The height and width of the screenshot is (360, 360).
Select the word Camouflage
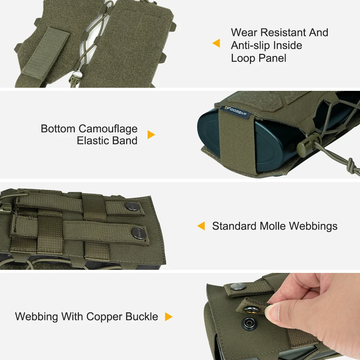tap(108, 129)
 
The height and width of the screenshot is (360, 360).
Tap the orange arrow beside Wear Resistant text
tap(216, 43)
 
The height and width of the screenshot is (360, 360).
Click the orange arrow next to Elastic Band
tap(151, 134)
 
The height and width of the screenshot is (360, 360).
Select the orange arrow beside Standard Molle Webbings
tap(201, 226)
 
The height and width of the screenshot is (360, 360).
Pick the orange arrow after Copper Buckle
tap(169, 316)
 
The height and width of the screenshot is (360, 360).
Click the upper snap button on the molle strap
tap(132, 206)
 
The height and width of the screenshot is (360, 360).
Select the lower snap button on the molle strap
tap(139, 233)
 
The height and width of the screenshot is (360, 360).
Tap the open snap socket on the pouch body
tap(249, 323)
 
